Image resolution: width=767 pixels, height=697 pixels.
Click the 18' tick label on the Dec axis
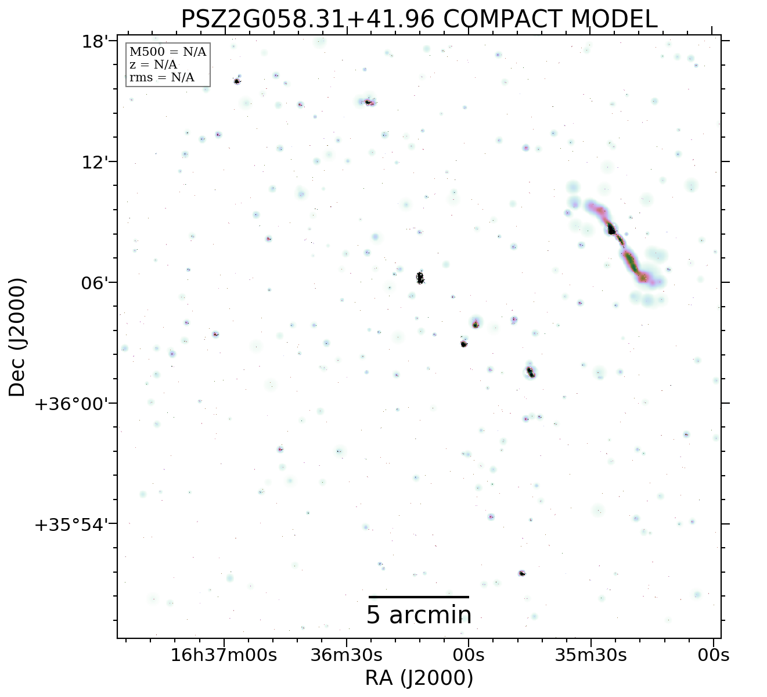93,42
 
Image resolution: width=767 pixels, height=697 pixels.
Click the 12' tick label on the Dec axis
93,162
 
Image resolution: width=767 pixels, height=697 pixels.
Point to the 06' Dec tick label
93,283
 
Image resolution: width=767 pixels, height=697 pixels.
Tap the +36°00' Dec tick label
73,404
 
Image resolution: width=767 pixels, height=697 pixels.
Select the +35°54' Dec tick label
73,524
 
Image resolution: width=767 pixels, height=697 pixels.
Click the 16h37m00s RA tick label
224,655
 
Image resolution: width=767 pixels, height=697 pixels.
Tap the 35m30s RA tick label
591,655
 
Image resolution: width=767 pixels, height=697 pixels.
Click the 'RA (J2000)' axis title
419,678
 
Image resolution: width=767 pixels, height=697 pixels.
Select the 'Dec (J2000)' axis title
17,337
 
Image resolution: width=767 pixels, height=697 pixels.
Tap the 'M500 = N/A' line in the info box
168,52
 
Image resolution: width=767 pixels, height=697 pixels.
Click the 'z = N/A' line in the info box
153,65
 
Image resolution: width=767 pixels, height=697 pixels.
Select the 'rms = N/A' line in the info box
162,78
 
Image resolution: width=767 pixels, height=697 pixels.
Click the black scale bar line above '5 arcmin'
419,597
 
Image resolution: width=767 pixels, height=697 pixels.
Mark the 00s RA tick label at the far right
713,655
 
